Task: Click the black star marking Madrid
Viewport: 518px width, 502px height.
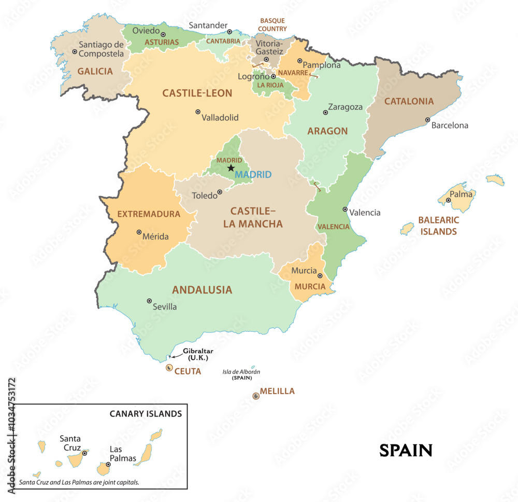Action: [231, 168]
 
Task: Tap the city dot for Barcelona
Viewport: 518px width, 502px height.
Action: [428, 120]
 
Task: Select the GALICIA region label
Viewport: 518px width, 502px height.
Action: [95, 72]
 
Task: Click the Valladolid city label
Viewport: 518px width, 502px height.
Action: [220, 118]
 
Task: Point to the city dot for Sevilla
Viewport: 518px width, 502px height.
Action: [149, 301]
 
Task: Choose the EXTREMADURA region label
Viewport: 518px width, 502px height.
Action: [149, 214]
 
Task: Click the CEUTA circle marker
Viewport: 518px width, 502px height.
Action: [169, 368]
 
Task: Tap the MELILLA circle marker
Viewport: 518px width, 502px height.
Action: [255, 396]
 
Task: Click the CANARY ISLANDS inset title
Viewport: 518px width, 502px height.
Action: [146, 414]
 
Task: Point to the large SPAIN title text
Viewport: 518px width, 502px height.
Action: [406, 450]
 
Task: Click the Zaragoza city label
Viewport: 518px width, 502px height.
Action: [345, 107]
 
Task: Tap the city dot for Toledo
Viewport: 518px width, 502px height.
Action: [220, 192]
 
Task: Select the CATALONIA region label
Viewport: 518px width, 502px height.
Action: [409, 102]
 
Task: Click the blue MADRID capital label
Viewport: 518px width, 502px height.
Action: [253, 175]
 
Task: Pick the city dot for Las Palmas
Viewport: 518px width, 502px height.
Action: [108, 464]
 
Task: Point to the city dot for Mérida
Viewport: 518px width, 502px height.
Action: [139, 232]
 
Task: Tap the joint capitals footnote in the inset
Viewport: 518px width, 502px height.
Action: [79, 482]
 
